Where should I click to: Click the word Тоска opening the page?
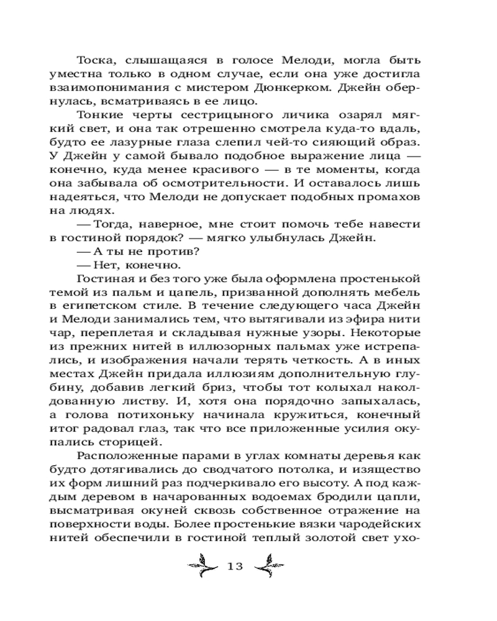coord(96,60)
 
